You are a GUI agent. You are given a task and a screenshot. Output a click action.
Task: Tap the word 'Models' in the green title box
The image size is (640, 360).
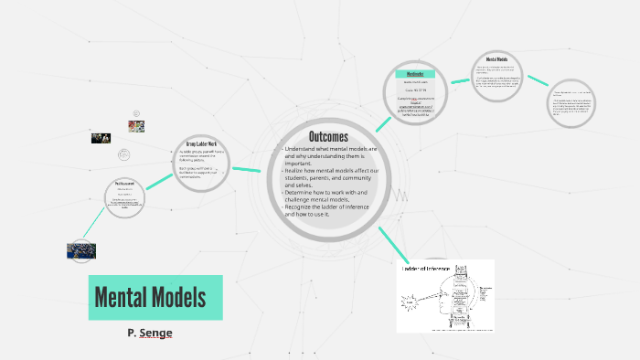coord(179,297)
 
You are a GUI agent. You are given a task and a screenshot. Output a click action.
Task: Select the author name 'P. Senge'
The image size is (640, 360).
coord(150,334)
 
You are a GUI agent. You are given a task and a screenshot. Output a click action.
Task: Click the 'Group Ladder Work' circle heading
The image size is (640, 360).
coord(199,143)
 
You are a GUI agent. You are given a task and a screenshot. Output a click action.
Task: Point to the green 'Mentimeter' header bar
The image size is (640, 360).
coord(414,74)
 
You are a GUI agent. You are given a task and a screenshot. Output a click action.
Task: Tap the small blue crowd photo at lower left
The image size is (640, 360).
coord(81,249)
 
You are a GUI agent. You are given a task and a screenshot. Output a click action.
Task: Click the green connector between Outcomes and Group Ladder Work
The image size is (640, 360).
coord(247,169)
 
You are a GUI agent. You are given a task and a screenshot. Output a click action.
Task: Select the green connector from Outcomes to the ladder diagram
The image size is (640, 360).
coord(390,243)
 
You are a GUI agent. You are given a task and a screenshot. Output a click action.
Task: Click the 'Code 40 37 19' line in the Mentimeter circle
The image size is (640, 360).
coord(415,90)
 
